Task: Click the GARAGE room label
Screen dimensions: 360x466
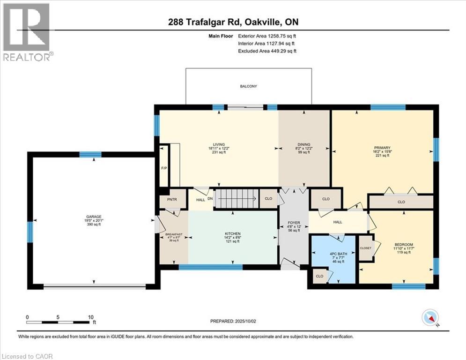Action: pyautogui.click(x=92, y=217)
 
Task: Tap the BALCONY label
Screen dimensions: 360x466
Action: pyautogui.click(x=248, y=86)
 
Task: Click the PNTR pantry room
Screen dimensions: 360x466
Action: pyautogui.click(x=169, y=199)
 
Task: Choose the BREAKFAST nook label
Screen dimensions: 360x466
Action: pyautogui.click(x=173, y=234)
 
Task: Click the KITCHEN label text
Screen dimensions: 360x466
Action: pyautogui.click(x=232, y=233)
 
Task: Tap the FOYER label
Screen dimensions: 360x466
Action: pyautogui.click(x=294, y=223)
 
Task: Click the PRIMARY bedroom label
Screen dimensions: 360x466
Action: pyautogui.click(x=382, y=148)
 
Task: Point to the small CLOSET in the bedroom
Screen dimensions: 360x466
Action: pyautogui.click(x=366, y=248)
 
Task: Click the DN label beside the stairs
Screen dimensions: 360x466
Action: pyautogui.click(x=209, y=198)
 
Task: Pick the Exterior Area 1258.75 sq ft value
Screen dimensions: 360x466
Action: pyautogui.click(x=267, y=36)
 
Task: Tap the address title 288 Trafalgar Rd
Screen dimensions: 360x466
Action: pyautogui.click(x=233, y=22)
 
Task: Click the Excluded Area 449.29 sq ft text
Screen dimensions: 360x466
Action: pyautogui.click(x=267, y=51)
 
